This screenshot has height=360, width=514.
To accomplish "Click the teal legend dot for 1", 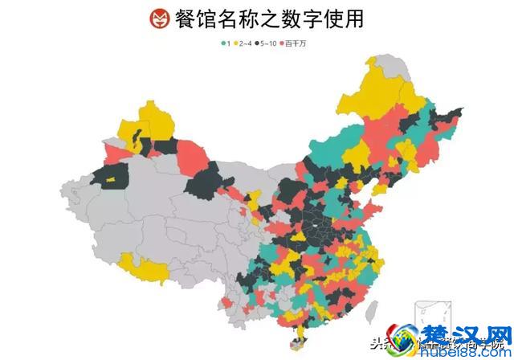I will [x=222, y=43].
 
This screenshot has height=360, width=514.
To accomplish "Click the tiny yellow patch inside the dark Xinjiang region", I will [x=112, y=175].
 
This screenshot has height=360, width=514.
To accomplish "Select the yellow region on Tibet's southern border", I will [x=145, y=270].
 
